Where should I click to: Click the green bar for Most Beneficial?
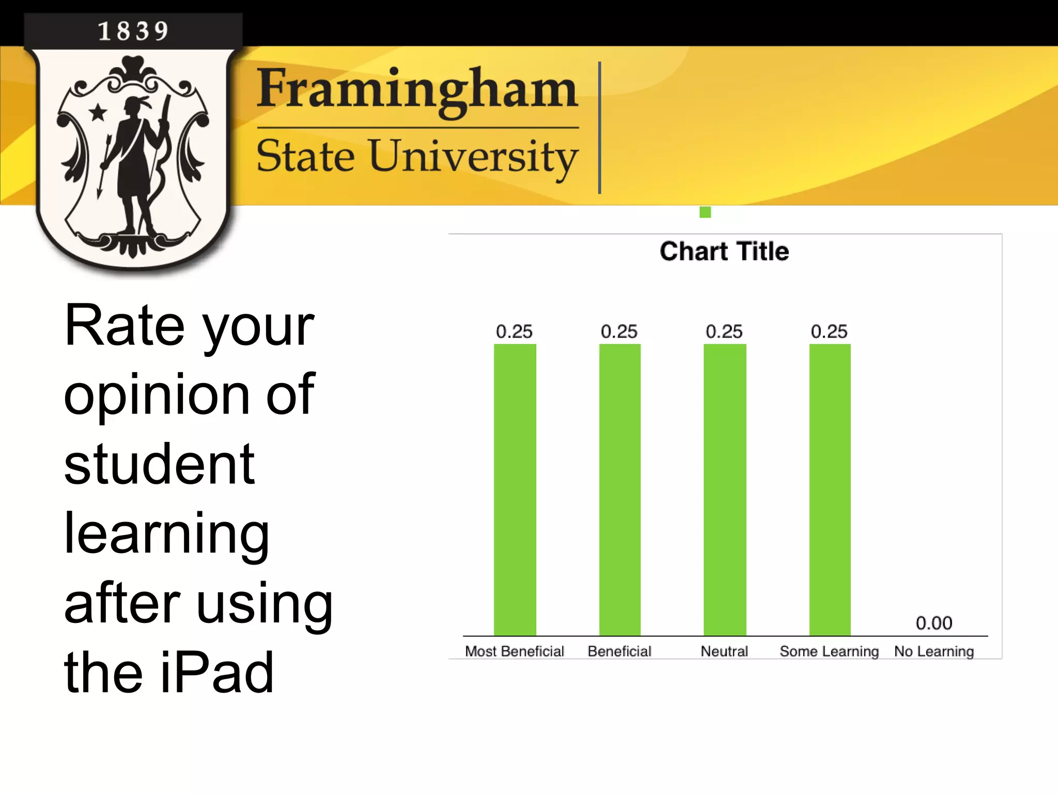515,490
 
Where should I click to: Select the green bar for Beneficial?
619,490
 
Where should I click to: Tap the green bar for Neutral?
724,490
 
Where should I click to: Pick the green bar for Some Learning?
830,490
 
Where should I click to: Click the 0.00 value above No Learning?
933,623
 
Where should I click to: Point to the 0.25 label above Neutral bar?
724,331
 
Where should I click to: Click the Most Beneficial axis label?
515,651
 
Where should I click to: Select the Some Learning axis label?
829,651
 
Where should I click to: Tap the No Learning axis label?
934,651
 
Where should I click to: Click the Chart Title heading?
724,252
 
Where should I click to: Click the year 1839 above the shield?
133,31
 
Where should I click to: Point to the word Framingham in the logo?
417,89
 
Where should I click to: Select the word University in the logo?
473,157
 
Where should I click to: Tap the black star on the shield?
98,112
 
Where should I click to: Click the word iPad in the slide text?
217,672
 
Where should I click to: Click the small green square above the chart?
705,212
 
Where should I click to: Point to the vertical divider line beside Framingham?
599,128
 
